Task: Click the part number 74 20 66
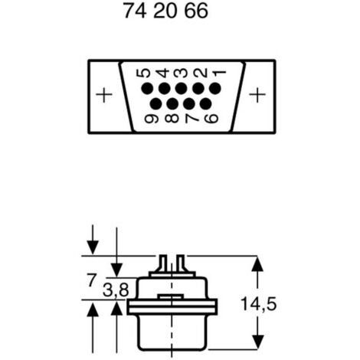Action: tap(165, 11)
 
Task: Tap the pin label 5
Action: tap(145, 73)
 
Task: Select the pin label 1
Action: tap(220, 74)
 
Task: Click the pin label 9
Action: tap(152, 119)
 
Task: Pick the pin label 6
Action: tap(211, 119)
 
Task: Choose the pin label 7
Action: tap(191, 119)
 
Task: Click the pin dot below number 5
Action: tap(147, 89)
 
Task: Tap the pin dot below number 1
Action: tap(215, 89)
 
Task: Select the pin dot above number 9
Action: tap(155, 104)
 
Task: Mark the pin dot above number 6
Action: tap(206, 104)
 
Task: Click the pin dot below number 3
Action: tap(181, 89)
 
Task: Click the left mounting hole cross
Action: tap(104, 95)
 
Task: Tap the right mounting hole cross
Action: tap(257, 95)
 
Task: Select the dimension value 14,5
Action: tap(259, 304)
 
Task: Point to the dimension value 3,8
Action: tap(116, 290)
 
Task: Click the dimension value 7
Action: tap(92, 280)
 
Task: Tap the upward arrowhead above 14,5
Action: tap(257, 264)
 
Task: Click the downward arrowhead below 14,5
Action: tap(257, 342)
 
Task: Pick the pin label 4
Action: tap(162, 73)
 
